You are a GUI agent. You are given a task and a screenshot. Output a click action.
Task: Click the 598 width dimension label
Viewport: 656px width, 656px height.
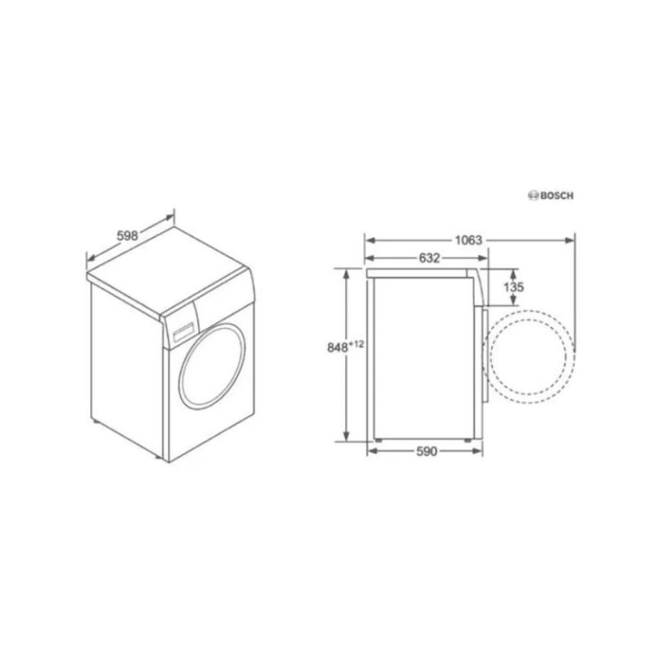127,236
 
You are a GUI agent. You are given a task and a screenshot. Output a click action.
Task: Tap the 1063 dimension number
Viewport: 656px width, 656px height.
468,240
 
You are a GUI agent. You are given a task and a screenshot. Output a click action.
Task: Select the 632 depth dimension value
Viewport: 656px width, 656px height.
430,258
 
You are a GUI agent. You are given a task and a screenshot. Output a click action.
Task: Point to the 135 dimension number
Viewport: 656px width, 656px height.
513,288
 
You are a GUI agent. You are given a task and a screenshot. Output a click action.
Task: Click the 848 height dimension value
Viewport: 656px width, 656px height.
338,347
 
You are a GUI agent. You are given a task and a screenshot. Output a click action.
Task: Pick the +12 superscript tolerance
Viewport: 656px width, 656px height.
357,344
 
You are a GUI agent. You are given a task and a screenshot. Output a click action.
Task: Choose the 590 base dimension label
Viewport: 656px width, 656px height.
426,452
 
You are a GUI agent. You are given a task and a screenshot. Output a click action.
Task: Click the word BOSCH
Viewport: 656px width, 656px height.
557,196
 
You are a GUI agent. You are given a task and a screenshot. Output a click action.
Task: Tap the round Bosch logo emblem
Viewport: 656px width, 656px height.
534,196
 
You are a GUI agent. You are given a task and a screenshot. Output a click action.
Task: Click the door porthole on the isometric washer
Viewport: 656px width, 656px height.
212,366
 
